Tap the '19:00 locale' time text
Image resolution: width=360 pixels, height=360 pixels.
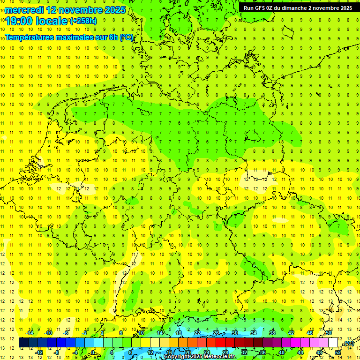click(37, 21)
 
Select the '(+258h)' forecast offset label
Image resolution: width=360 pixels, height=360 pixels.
click(83, 21)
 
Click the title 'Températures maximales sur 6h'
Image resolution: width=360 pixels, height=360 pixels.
click(63, 37)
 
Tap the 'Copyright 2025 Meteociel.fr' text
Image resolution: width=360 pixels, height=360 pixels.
click(200, 357)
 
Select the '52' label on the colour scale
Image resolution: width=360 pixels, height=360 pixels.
click(338, 352)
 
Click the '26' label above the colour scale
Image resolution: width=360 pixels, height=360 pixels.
click(216, 333)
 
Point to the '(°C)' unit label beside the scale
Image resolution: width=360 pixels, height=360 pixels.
click(348, 343)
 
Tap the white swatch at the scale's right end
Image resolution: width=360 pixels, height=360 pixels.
click(333, 343)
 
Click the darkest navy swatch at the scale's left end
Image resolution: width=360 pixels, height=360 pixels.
click(23, 343)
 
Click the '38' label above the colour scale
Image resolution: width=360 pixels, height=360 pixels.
click(272, 333)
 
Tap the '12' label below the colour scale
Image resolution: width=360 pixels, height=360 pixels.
click(150, 352)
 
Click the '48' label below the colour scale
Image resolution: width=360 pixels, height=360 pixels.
click(319, 352)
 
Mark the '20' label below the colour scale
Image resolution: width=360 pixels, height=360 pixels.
click(188, 352)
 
